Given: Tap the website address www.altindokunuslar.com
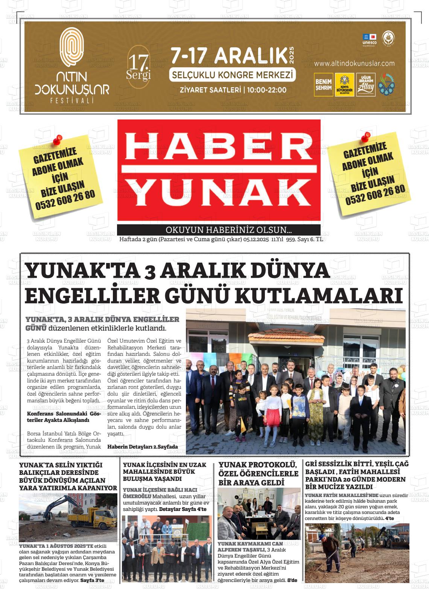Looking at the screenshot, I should click(x=354, y=63).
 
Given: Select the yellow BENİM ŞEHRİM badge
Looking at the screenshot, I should click(x=323, y=85).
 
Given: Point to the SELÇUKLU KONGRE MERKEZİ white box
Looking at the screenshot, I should click(x=232, y=75).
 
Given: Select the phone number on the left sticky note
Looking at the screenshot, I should click(x=65, y=200).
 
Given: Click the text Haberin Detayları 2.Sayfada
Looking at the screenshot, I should click(x=142, y=447).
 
